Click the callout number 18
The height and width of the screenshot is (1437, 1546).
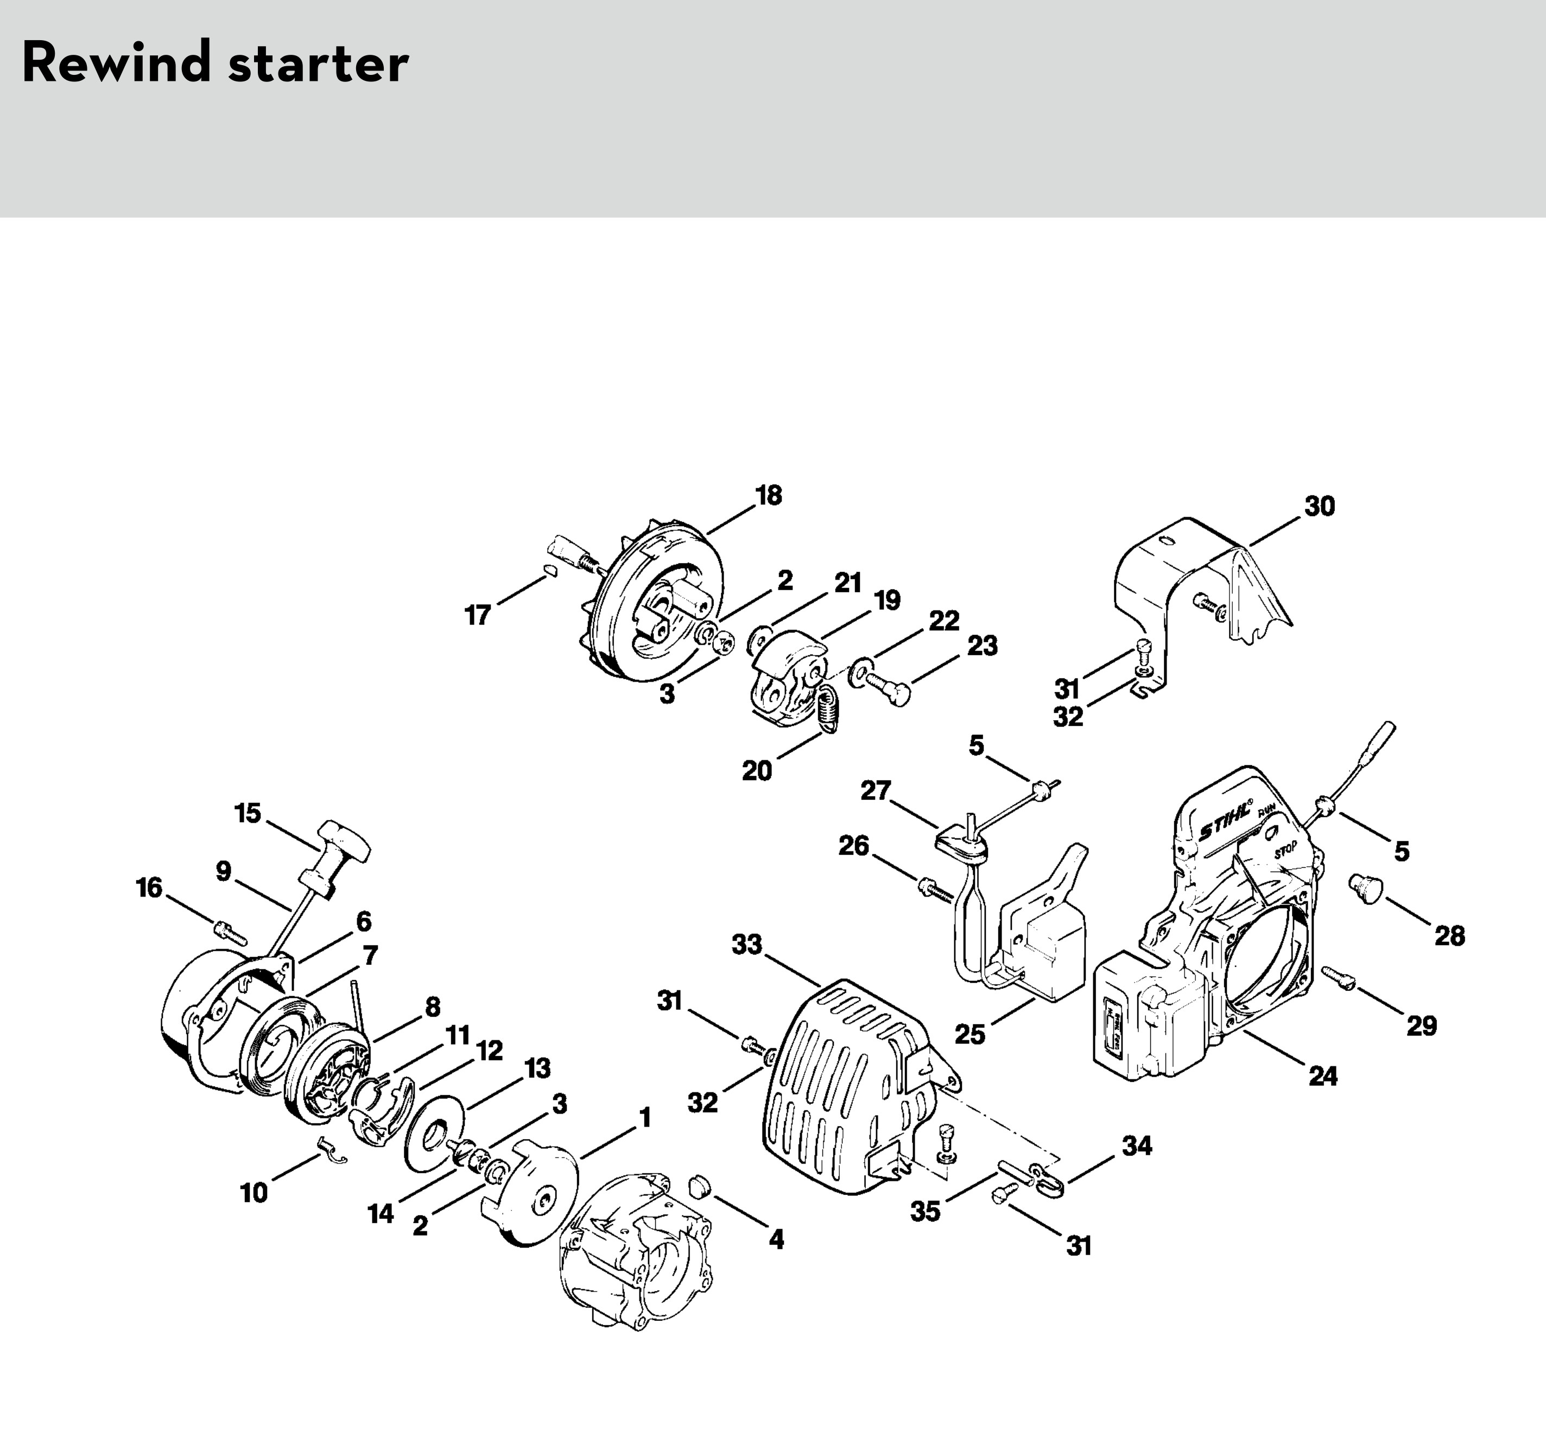coord(768,495)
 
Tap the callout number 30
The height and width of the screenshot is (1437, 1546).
coord(1319,506)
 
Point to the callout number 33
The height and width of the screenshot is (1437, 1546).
coord(746,945)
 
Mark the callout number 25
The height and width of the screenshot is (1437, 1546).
coord(970,1034)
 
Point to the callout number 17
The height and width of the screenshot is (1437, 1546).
coord(478,615)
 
